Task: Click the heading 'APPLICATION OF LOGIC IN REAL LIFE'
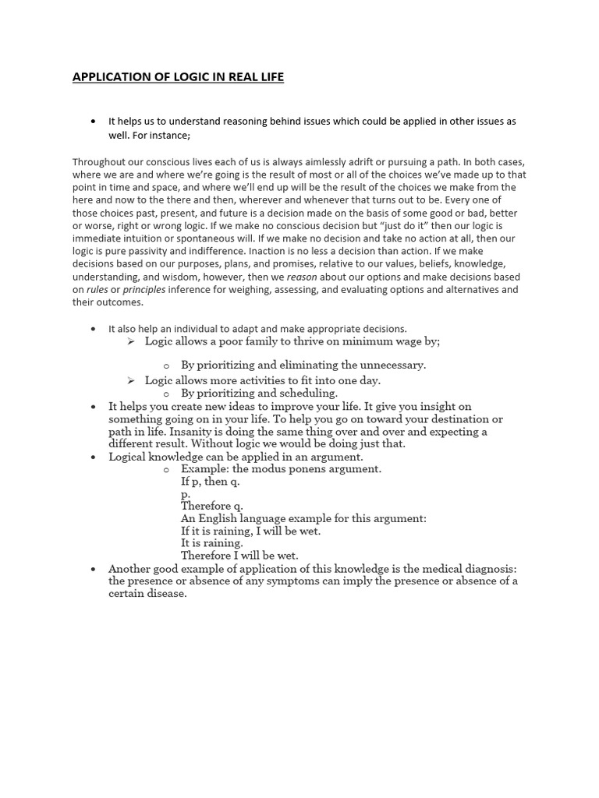[x=178, y=77]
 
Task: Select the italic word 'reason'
[x=302, y=277]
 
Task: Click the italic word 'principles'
[x=144, y=289]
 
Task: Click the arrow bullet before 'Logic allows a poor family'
[x=131, y=341]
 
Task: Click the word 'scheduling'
[x=309, y=394]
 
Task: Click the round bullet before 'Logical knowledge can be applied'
[x=94, y=457]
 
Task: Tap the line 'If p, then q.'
[x=211, y=482]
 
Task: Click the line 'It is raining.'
[x=212, y=543]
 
